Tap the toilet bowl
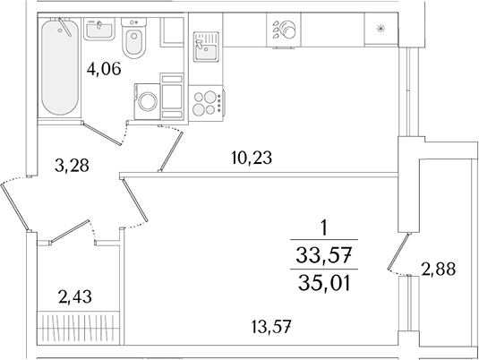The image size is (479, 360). pos(133,43)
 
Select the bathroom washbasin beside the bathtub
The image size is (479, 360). pos(99,29)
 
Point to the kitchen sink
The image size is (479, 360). pos(206,47)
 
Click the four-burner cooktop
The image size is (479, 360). pos(205,103)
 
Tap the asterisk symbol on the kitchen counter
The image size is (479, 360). pos(381,29)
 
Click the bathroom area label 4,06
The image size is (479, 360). pos(104,69)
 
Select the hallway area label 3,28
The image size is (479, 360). pos(72,166)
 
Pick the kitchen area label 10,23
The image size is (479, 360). pos(252,158)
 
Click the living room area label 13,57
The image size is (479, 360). pos(270,327)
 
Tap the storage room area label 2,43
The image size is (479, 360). pos(75,296)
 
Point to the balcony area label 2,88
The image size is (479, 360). pos(439,270)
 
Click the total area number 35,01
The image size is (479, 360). pos(324,282)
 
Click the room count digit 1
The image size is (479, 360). pos(324,228)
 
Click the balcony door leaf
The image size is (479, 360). pos(398,252)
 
